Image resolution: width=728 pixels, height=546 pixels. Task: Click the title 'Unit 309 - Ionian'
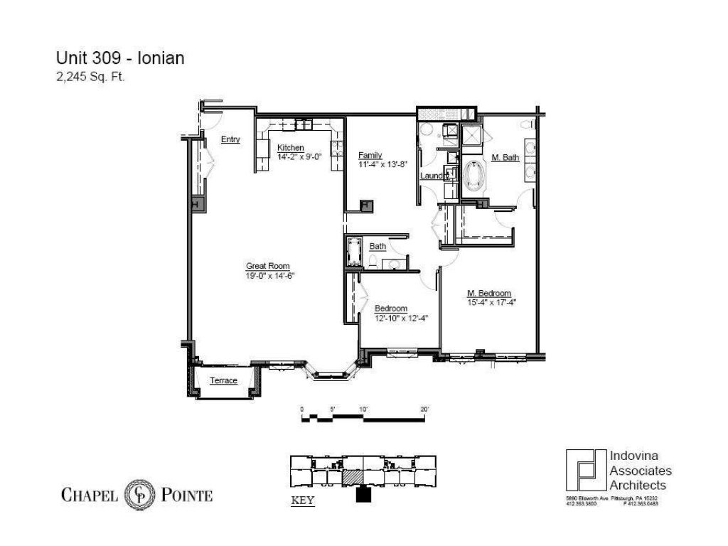(120, 58)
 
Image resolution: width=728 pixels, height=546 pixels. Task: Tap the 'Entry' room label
(230, 139)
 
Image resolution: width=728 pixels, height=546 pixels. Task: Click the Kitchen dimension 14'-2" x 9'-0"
(299, 157)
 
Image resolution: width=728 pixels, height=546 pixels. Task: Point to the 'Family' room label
(370, 155)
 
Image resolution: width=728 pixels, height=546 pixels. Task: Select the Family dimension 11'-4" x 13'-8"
(384, 164)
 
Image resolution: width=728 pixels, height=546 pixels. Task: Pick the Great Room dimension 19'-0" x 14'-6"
(270, 275)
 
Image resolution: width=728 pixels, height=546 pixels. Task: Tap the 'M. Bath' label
(505, 157)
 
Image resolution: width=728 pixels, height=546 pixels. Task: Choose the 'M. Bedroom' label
(489, 292)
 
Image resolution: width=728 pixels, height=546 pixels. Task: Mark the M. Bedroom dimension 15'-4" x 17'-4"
(491, 301)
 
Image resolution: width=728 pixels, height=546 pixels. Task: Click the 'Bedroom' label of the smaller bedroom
(391, 308)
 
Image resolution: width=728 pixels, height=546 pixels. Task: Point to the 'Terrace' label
(223, 380)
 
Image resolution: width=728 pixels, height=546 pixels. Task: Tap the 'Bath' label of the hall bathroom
(378, 247)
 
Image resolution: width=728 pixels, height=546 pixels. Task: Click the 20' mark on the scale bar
(424, 409)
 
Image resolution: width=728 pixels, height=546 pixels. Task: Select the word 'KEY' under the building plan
(303, 500)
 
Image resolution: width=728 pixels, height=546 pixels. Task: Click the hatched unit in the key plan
(353, 477)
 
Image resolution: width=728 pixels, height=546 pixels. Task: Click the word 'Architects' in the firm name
(638, 485)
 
